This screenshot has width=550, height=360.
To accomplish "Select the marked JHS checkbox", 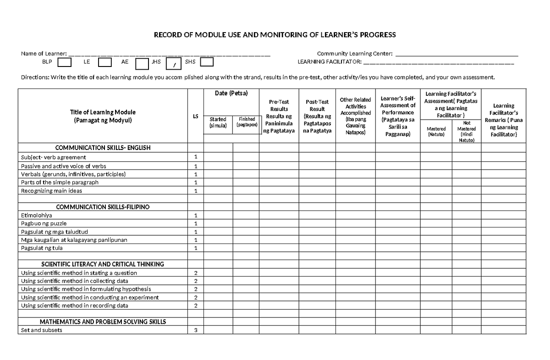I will [x=174, y=63].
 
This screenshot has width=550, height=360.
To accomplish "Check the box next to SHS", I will [x=207, y=62].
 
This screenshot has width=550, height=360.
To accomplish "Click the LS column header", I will [x=196, y=116].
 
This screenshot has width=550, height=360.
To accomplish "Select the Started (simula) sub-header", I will [x=218, y=122].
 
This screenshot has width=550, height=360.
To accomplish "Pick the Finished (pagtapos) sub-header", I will [x=247, y=122].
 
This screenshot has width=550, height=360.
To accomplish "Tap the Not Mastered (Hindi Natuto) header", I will [x=467, y=132].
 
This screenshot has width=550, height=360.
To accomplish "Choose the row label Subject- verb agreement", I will [x=54, y=157].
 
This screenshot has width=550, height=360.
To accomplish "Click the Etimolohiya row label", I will [x=37, y=215].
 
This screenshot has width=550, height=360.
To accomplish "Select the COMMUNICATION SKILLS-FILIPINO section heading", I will [x=103, y=207].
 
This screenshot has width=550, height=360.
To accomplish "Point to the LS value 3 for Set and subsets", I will [x=196, y=330].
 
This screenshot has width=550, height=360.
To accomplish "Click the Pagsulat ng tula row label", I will [x=42, y=248].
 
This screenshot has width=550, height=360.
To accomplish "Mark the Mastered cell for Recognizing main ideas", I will [x=436, y=191].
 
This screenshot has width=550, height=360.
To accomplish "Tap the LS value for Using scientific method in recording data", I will [x=196, y=305].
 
